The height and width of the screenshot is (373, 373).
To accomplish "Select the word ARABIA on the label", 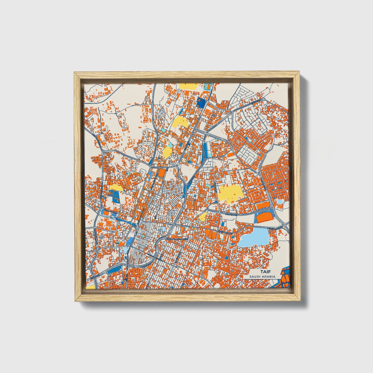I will pos(267,276).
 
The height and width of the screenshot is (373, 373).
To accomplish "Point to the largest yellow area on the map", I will pos(230,193).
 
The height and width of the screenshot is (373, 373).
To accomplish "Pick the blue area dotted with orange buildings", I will pos(113,196).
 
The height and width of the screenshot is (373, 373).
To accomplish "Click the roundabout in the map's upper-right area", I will pos(264,100).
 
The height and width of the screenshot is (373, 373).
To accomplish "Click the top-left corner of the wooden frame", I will pos(74,73).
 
